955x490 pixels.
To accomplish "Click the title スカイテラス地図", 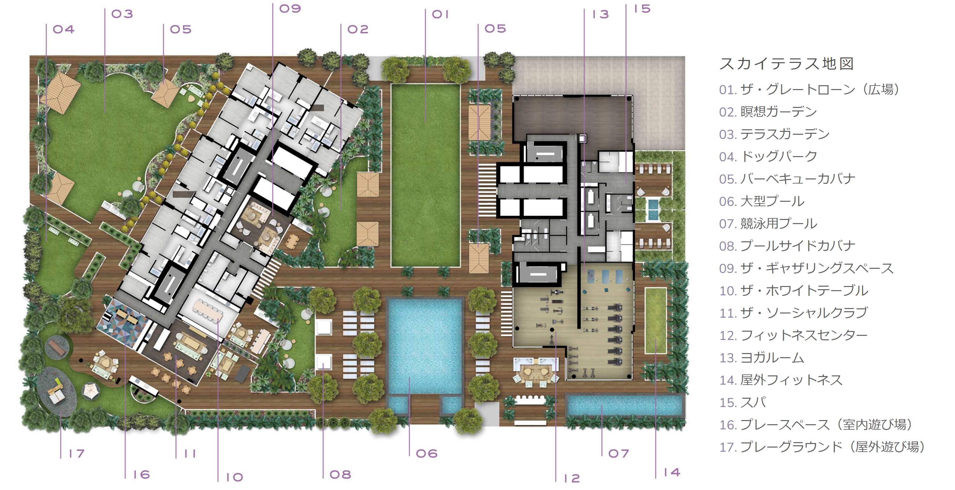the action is [786, 64].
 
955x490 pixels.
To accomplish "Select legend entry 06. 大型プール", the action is [761, 201].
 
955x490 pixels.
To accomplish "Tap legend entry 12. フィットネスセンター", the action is [793, 335].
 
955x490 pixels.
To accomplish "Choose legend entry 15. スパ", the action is [743, 402].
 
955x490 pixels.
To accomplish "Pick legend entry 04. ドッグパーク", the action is [768, 156].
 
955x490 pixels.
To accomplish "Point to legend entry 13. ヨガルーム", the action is [761, 358].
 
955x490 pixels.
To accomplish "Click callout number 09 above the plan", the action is [290, 9].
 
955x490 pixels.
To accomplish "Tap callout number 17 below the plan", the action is [77, 453].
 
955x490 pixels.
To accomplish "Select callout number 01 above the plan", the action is [440, 14].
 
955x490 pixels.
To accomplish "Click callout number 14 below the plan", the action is [672, 472].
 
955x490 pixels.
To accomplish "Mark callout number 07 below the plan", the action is [618, 453].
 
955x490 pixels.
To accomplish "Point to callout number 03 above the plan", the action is [122, 14].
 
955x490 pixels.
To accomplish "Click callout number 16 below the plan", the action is [141, 474].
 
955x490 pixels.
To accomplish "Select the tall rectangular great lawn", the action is [425, 175].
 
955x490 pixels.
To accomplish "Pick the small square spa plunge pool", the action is [653, 210].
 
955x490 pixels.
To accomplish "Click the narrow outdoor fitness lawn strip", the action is [655, 320].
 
